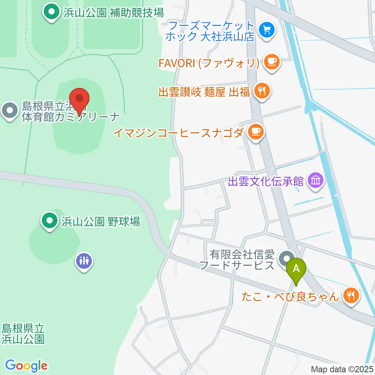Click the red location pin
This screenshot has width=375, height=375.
point(80,99)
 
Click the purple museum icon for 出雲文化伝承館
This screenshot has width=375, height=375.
point(315,181)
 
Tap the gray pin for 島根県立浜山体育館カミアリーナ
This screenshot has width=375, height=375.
point(9,111)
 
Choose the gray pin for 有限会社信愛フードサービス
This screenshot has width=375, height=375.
point(287,259)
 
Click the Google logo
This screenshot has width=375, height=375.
point(26,366)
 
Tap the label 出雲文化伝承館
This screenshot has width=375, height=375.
point(266,181)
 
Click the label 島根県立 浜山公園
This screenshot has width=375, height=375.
point(23,333)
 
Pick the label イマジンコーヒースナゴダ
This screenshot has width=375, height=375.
point(179,132)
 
